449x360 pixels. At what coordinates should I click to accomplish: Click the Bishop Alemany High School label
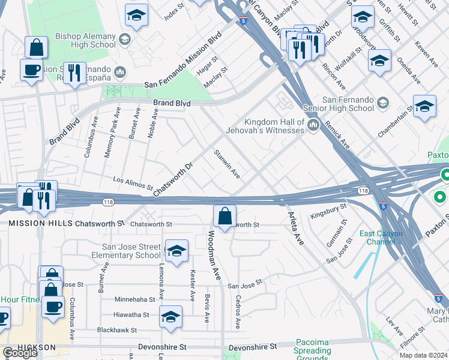(85, 40)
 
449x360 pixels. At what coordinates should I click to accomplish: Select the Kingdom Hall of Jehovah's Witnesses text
(265, 126)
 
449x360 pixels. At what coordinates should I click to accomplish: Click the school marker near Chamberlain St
(424, 107)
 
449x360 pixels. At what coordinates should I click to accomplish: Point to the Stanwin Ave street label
(228, 164)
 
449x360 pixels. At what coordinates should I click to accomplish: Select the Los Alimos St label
(133, 182)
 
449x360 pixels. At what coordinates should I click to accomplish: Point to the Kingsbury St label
(328, 211)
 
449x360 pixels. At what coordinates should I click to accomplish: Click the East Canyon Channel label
(377, 238)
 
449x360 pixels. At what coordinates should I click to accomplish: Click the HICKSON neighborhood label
(37, 347)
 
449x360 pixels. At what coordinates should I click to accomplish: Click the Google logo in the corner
(20, 353)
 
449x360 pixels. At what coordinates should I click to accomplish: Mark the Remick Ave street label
(337, 134)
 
